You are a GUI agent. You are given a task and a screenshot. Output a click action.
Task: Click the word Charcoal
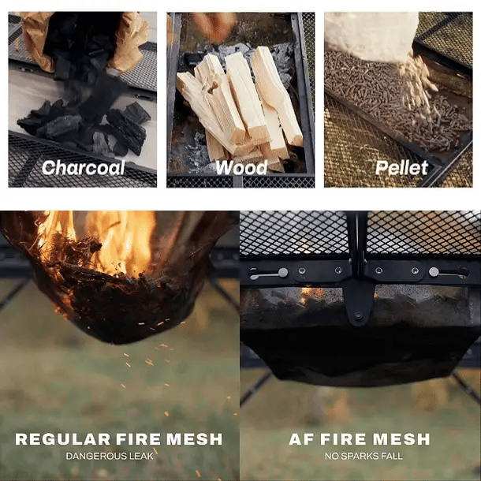tap(83, 168)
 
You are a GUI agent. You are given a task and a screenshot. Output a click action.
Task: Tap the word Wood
tap(241, 168)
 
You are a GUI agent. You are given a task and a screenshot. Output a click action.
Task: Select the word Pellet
tap(401, 168)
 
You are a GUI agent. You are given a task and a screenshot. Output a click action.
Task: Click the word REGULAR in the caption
tap(63, 439)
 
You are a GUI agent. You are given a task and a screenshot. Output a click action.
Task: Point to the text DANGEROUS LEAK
tap(110, 456)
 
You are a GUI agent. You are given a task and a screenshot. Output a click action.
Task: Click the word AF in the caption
tap(301, 439)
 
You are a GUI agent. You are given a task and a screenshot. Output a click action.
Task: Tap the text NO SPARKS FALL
tap(364, 456)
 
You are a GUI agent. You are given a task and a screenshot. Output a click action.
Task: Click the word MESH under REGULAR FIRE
tap(195, 439)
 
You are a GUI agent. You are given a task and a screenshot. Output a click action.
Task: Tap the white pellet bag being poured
tap(371, 34)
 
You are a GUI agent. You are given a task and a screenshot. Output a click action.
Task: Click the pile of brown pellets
tap(396, 101)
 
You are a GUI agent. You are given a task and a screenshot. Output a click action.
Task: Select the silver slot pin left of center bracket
tap(283, 272)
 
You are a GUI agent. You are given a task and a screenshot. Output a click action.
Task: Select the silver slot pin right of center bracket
tap(434, 272)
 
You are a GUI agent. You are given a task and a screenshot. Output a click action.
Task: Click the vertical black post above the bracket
tap(357, 237)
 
